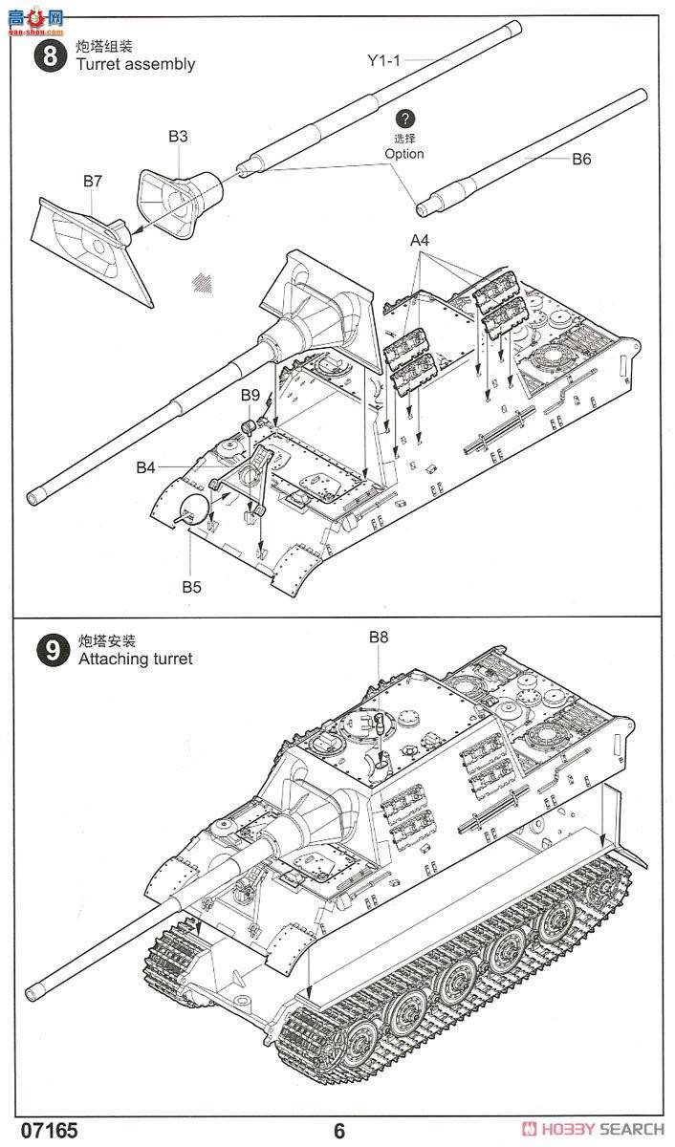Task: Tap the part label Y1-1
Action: point(386,60)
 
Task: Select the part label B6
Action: point(581,159)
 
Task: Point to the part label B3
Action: point(178,137)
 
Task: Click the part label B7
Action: point(92,180)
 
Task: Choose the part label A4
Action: point(421,241)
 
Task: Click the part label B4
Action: point(145,467)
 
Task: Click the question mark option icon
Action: point(405,119)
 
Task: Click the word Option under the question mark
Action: point(404,154)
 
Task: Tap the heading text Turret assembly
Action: point(137,64)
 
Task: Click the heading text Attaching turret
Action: point(135,659)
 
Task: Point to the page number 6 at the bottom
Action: point(339,1131)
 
